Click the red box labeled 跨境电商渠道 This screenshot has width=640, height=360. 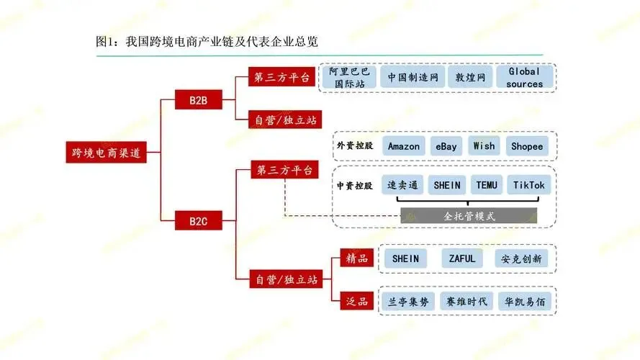click(107, 153)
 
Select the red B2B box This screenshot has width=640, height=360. click(198, 99)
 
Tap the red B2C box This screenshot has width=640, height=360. click(198, 220)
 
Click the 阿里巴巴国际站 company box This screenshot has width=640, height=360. click(349, 77)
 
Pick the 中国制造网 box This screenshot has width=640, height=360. click(413, 77)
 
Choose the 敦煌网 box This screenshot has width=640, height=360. click(470, 77)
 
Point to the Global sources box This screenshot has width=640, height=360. click(524, 77)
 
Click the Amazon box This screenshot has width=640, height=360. click(403, 146)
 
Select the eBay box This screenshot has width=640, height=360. click(446, 146)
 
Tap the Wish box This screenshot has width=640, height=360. click(484, 146)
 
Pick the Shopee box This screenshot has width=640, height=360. click(527, 146)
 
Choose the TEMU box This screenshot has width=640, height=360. click(487, 185)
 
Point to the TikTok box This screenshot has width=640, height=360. click(529, 185)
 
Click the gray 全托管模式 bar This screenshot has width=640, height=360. click(469, 215)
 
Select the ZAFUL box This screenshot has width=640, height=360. click(462, 258)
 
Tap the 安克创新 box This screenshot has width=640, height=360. click(522, 258)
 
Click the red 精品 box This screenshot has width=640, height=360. click(357, 258)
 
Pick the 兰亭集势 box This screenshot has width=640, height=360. click(405, 301)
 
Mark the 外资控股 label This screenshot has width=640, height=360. click(354, 146)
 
